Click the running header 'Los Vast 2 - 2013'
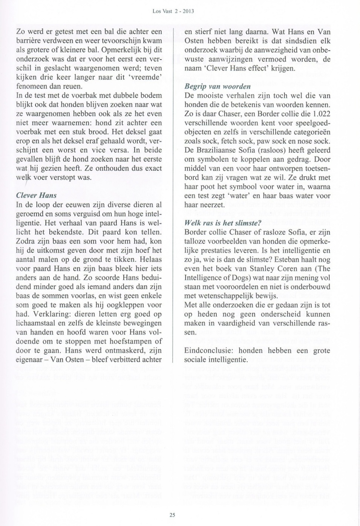point(173,11)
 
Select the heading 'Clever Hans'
point(36,195)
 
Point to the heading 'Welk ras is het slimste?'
point(223,223)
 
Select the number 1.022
point(321,114)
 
